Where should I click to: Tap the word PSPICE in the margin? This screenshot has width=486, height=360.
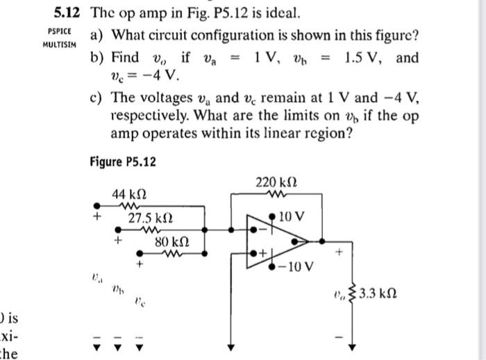[x=58, y=32]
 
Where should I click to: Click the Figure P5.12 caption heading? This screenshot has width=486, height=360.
[x=123, y=162]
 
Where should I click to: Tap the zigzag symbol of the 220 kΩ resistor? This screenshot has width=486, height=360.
[x=271, y=196]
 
